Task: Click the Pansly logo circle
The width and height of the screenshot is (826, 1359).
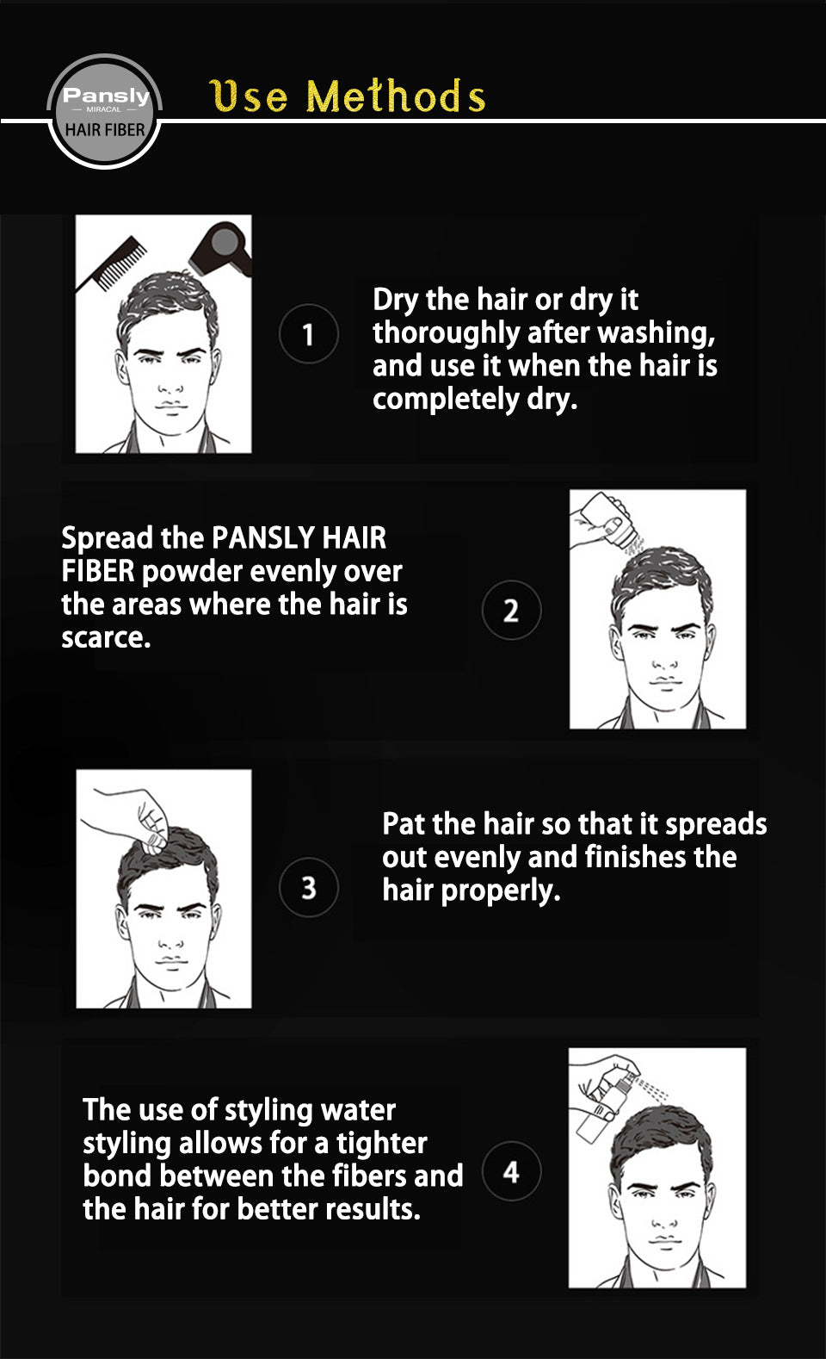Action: point(104,111)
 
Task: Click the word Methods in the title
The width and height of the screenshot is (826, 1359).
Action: point(396,96)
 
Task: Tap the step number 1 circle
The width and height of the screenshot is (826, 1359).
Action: point(309,333)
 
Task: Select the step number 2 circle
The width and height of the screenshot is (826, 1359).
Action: point(511,610)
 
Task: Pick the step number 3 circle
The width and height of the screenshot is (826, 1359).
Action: point(309,887)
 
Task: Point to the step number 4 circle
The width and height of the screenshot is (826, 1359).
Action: point(511,1172)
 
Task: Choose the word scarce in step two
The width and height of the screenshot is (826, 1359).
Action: point(106,638)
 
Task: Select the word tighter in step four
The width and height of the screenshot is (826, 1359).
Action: point(382,1143)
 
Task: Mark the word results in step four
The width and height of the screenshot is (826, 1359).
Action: point(373,1209)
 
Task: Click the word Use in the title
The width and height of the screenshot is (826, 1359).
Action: point(249,96)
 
